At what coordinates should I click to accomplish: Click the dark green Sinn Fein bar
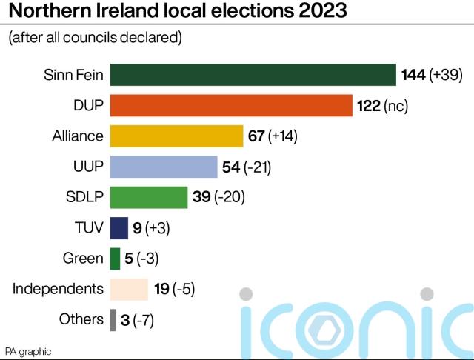253,76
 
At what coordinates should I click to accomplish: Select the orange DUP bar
230,106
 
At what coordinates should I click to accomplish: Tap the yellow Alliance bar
176,136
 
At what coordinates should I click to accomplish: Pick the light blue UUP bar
163,167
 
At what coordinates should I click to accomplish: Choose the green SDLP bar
148,197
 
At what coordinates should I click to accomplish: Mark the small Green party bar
115,259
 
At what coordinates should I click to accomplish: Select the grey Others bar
113,319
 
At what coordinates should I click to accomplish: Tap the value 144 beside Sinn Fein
413,76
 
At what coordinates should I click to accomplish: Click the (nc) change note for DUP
396,106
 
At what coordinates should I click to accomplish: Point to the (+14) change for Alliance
282,136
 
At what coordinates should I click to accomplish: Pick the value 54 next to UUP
231,167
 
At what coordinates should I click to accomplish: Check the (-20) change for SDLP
229,198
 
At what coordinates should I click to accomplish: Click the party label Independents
58,288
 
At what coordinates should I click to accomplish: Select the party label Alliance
78,136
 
